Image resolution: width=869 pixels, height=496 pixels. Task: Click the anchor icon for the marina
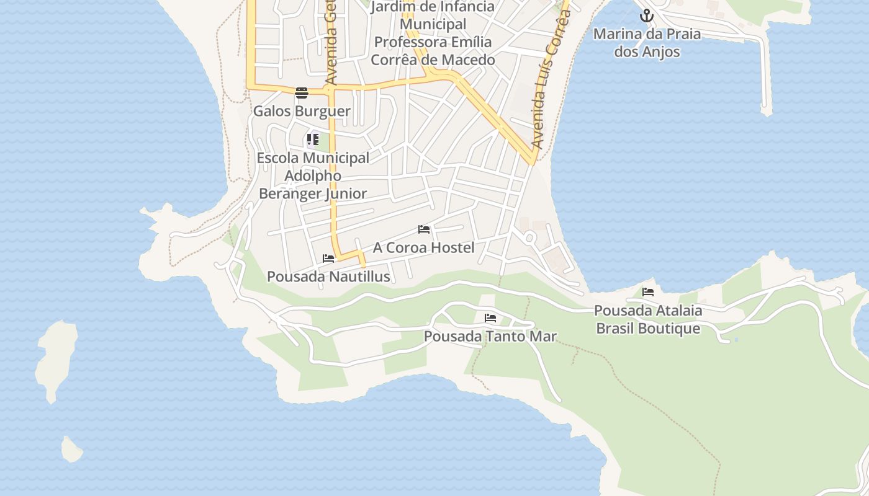pos(647,15)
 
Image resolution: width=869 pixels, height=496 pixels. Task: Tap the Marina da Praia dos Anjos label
pos(647,42)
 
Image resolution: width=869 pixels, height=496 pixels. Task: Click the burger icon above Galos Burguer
pos(302,93)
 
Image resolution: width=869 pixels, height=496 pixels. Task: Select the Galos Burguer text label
pos(302,112)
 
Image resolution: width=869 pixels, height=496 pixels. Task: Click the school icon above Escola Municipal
pos(312,139)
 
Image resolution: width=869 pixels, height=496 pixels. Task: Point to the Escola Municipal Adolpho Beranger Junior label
pos(313,176)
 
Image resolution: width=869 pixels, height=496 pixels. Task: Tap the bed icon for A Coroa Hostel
pos(424,229)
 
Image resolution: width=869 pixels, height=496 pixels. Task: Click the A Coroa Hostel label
pos(423,248)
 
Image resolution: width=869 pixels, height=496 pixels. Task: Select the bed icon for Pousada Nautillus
pos(328,259)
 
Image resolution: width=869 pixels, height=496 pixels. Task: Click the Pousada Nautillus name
pos(328,277)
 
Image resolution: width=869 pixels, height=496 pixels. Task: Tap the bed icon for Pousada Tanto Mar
pos(490,318)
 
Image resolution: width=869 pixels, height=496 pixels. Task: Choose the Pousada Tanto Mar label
pos(490,337)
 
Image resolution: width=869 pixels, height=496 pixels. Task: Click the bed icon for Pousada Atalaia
pos(648,292)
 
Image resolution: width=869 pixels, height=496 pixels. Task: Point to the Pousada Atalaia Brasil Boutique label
pos(648,319)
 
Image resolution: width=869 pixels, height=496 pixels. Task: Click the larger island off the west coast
pos(56,360)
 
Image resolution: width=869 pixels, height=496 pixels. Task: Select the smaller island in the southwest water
pos(71,449)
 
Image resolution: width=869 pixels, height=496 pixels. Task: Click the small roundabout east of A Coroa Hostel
pos(529,237)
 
